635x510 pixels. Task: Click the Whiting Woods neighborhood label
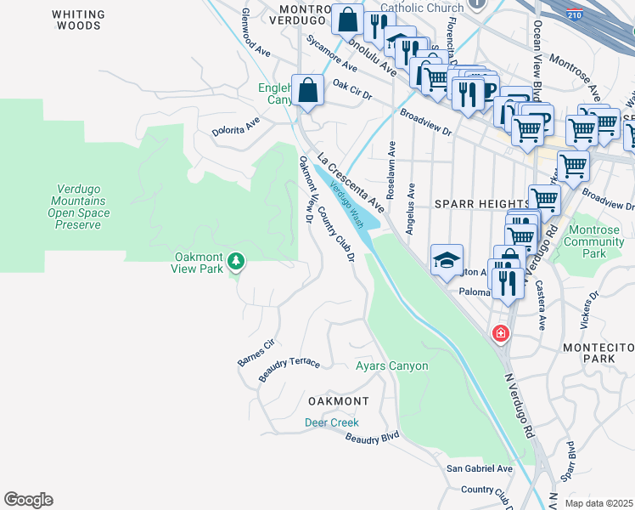point(78,20)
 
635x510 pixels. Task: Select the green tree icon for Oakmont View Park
point(237,262)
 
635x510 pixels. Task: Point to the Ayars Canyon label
point(391,366)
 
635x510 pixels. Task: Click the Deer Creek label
point(332,422)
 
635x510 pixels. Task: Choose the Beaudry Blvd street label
point(372,438)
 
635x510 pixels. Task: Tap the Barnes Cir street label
point(256,353)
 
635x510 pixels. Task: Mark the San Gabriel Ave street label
point(480,468)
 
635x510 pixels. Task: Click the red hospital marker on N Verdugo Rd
point(501,331)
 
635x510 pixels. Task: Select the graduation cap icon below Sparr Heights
point(445,260)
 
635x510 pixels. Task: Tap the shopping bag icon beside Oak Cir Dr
point(307,89)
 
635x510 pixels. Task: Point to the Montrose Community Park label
point(593,242)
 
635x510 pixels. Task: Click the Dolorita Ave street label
point(236,127)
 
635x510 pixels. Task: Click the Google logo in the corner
point(28,500)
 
